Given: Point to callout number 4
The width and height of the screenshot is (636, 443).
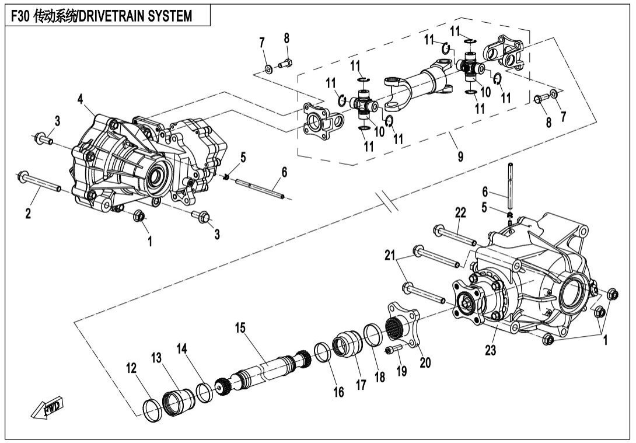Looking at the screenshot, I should click(x=80, y=100).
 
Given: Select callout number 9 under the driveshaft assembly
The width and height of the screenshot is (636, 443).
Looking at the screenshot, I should click(x=460, y=156).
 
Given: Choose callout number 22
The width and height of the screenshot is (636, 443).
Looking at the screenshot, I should click(x=460, y=214).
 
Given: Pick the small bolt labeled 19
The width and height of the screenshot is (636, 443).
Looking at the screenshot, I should click(x=393, y=349).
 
